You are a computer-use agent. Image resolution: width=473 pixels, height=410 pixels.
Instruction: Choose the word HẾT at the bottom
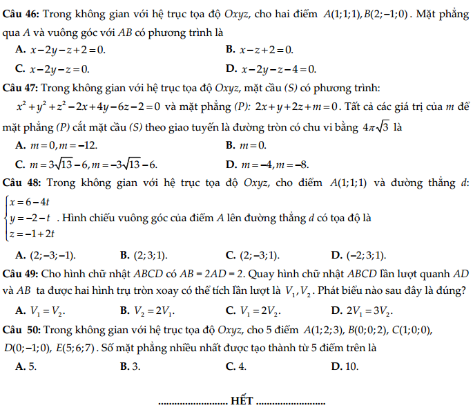point(242,400)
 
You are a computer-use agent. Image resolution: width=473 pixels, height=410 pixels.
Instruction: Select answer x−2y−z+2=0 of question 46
point(68,50)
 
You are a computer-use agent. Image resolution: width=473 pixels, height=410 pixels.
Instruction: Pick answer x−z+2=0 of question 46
point(266,50)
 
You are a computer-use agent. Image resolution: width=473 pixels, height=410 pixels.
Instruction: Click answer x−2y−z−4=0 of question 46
point(279,68)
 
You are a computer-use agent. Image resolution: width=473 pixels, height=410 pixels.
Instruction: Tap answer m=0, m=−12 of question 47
point(63,145)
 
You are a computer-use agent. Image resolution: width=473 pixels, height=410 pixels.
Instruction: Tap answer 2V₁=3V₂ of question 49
point(367,309)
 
